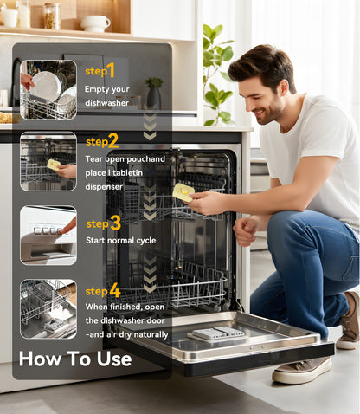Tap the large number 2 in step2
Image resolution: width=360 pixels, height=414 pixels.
click(x=113, y=140)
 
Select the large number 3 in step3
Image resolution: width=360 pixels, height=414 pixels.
click(x=115, y=223)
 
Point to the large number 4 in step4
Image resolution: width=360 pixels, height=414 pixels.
click(x=114, y=290)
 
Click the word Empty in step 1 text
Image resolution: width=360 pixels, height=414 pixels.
click(x=97, y=89)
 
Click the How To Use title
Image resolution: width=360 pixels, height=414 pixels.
click(x=75, y=359)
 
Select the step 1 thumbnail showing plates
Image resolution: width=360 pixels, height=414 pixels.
click(x=48, y=89)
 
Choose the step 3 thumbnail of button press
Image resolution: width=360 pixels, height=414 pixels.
click(x=48, y=235)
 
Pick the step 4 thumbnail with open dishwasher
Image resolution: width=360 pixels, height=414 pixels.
click(x=48, y=308)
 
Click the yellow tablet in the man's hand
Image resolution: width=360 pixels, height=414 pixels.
click(x=183, y=191)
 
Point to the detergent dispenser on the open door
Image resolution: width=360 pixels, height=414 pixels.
click(x=218, y=333)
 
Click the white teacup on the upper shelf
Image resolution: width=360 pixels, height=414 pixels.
click(x=94, y=23)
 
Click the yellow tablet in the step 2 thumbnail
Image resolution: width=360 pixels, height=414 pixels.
click(x=54, y=164)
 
